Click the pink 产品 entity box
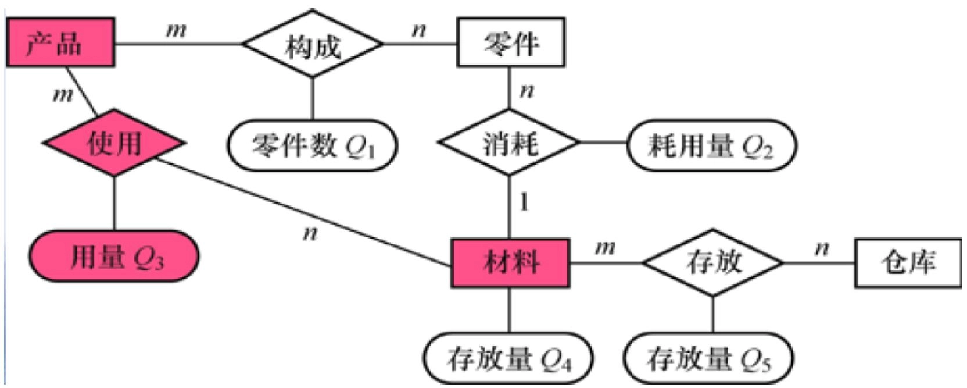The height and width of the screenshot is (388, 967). (60, 42)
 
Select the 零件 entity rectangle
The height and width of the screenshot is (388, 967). (510, 42)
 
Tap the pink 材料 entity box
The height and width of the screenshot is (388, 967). (510, 262)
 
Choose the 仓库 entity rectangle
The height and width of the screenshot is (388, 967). (907, 262)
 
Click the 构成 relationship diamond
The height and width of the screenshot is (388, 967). (313, 44)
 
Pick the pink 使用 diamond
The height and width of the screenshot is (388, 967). (114, 143)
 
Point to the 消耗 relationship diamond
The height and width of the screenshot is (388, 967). (509, 143)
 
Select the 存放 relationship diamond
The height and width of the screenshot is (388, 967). (713, 262)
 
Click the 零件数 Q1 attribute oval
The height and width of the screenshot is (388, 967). (313, 145)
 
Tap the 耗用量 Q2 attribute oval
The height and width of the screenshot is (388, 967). (711, 145)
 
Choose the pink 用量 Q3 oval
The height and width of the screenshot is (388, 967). (114, 256)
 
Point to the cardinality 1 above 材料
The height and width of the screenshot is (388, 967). (524, 202)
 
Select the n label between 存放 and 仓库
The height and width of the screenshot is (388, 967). (821, 248)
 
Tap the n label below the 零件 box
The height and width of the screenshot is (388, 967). (526, 91)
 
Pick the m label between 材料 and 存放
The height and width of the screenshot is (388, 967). (605, 248)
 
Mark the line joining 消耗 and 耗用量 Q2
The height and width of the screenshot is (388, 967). (603, 143)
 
